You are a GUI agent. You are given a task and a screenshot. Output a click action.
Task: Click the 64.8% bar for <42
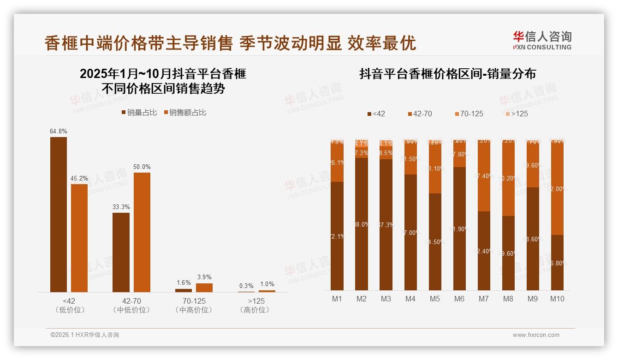click(x=59, y=215)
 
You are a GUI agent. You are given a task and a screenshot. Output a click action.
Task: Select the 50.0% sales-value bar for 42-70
click(x=142, y=232)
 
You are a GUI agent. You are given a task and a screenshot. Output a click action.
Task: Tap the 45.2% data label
click(x=79, y=178)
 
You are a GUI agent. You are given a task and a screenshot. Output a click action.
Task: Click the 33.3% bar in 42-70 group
click(x=121, y=252)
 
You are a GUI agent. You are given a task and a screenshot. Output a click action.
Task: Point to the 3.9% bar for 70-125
click(x=204, y=288)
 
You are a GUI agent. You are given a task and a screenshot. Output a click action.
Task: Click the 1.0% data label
click(x=267, y=284)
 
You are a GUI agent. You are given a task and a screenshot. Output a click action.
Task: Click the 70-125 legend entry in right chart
click(x=469, y=114)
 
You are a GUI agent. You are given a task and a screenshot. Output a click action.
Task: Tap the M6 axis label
click(x=459, y=299)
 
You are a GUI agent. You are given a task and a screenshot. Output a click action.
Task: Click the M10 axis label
click(x=557, y=299)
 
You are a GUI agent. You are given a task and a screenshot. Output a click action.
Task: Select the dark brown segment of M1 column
click(x=337, y=235)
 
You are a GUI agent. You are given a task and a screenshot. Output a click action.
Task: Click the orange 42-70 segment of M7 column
click(x=484, y=176)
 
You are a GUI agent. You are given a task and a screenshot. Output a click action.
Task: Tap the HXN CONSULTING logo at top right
click(x=542, y=41)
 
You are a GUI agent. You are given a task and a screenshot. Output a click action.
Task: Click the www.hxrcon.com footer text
click(x=535, y=335)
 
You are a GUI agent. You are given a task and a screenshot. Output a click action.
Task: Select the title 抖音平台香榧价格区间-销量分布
click(x=447, y=74)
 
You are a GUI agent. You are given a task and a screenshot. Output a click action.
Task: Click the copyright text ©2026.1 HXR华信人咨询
click(x=84, y=335)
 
